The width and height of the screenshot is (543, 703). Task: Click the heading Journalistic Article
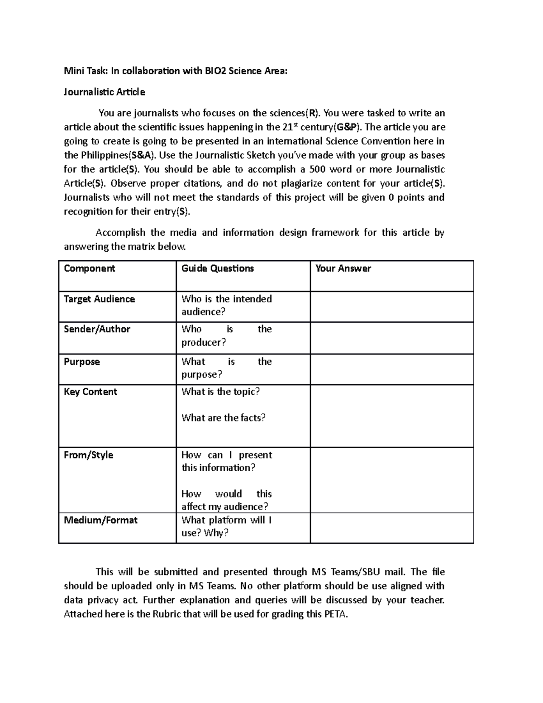(x=105, y=92)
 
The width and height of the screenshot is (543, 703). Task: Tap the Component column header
(x=90, y=268)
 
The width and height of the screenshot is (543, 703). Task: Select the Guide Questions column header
(x=218, y=268)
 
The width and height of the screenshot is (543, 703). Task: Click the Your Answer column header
(x=343, y=268)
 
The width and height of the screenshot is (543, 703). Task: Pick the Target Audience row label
(x=100, y=299)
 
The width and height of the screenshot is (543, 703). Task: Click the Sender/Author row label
(x=97, y=330)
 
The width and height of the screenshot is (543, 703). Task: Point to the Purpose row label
(x=82, y=362)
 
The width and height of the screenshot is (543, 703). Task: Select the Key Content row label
(x=90, y=392)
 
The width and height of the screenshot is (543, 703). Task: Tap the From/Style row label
(x=89, y=455)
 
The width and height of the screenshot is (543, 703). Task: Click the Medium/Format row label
(x=100, y=520)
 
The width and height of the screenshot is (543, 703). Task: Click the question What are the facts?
(x=224, y=418)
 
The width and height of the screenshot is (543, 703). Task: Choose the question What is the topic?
(x=220, y=392)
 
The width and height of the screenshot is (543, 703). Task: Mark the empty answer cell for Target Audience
(x=391, y=307)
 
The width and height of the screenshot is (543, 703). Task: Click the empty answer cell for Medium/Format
(x=391, y=528)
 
